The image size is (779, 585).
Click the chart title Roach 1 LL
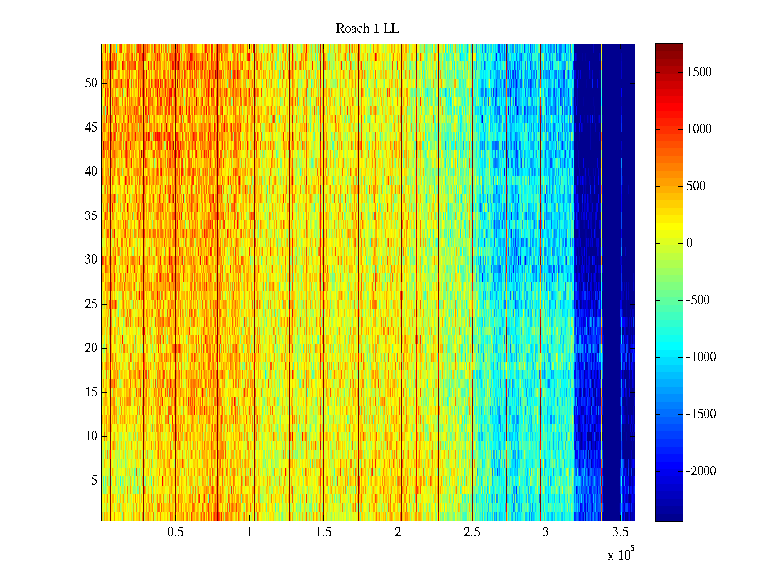[x=367, y=29]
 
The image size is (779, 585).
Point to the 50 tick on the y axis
[x=91, y=83]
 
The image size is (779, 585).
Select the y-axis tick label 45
[x=91, y=128]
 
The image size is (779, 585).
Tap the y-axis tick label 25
[x=91, y=304]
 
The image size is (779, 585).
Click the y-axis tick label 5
[x=94, y=481]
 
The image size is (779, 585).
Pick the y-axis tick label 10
[x=91, y=436]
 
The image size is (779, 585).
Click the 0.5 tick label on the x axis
[x=175, y=532]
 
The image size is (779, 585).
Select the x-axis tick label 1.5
[x=323, y=532]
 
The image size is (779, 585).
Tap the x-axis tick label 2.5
[x=472, y=532]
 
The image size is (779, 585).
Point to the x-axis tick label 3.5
[x=620, y=532]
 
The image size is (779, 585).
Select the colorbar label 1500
[x=699, y=72]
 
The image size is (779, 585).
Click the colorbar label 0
[x=689, y=243]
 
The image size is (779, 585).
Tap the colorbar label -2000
[x=701, y=471]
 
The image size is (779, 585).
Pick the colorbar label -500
[x=698, y=300]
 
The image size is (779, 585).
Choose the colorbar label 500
[x=696, y=186]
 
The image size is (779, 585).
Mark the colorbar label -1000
[x=701, y=357]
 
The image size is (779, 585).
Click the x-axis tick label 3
[x=546, y=532]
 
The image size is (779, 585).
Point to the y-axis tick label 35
[x=91, y=216]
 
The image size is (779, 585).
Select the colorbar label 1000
[x=699, y=129]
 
